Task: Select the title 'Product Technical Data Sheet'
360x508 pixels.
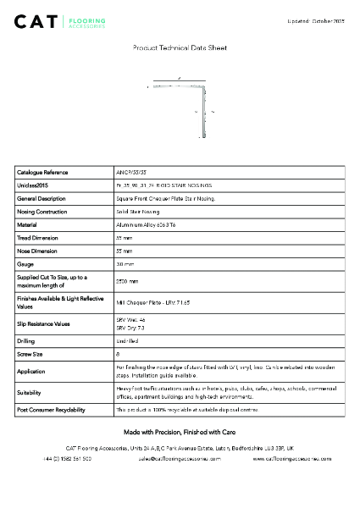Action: pyautogui.click(x=180, y=48)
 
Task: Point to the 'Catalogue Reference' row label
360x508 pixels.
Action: pyautogui.click(x=42, y=172)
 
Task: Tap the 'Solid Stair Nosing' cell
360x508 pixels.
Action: pyautogui.click(x=137, y=211)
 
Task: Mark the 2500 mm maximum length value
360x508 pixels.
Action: pyautogui.click(x=127, y=280)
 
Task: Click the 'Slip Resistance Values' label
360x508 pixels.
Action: pyautogui.click(x=45, y=323)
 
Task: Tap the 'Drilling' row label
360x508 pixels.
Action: pyautogui.click(x=27, y=340)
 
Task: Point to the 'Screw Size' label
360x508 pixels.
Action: pyautogui.click(x=31, y=354)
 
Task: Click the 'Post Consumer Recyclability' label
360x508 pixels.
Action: pyautogui.click(x=51, y=410)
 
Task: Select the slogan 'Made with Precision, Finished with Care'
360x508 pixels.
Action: pyautogui.click(x=180, y=432)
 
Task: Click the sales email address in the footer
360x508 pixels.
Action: pyautogui.click(x=180, y=458)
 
